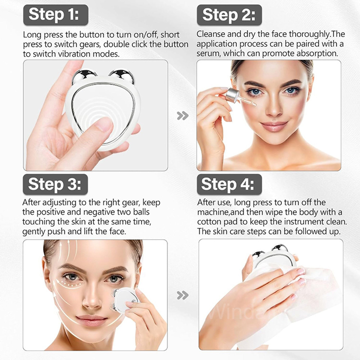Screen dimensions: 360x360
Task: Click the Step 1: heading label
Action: tap(55, 15)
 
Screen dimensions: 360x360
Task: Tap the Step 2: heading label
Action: tap(229, 15)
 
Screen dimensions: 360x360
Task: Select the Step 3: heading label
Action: tap(55, 184)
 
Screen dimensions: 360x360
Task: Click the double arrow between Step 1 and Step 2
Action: tap(183, 116)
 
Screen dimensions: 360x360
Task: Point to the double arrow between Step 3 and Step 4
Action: tap(183, 296)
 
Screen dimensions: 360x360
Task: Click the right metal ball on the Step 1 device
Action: tap(121, 76)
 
